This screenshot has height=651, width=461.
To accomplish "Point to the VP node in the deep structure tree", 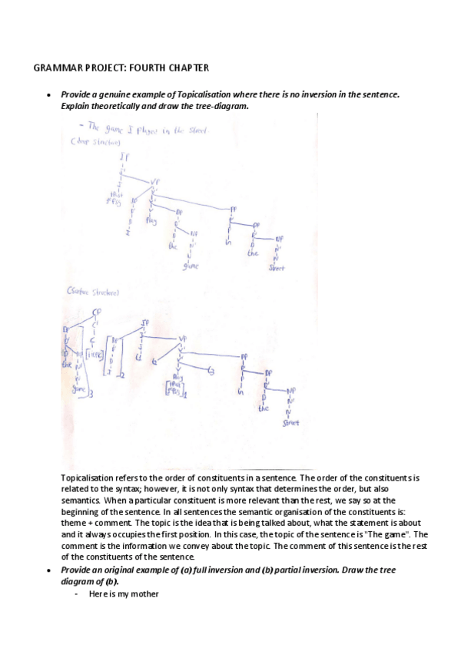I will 164,182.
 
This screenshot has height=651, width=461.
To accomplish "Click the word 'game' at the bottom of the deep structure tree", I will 191,266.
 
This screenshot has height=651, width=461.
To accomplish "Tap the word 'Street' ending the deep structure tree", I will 277,269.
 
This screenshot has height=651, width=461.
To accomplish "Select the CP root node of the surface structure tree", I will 97,312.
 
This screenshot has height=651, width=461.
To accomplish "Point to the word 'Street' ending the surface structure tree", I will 290,422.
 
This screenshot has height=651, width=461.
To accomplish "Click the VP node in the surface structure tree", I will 184,337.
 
